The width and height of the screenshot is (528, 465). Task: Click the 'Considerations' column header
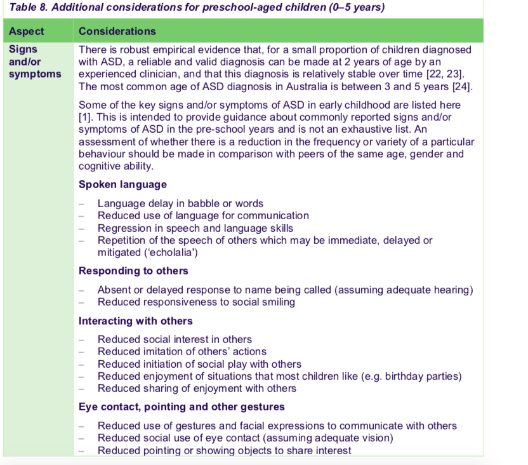[117, 31]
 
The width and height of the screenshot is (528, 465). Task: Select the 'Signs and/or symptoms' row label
[35, 62]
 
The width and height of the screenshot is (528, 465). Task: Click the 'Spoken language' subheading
[122, 184]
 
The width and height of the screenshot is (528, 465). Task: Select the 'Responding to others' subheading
[133, 271]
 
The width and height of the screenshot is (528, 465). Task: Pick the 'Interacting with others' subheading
[135, 321]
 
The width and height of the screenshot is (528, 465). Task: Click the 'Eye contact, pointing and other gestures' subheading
[181, 407]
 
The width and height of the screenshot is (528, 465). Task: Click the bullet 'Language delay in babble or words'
[180, 204]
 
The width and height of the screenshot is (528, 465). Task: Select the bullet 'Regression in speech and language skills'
[195, 228]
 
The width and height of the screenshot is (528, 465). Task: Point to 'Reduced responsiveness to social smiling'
[196, 302]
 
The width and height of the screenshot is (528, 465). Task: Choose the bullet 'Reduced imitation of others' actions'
[181, 351]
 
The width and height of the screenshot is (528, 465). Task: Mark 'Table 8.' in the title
[30, 8]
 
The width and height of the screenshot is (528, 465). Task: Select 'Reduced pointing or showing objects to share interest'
[224, 450]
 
